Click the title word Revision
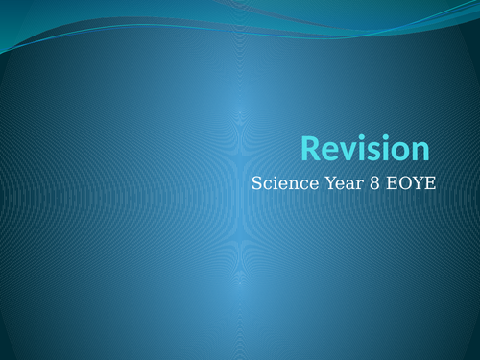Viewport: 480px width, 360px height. pyautogui.click(x=365, y=149)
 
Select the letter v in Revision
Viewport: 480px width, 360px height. pyautogui.click(x=345, y=151)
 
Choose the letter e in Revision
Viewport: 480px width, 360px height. pyautogui.click(x=328, y=151)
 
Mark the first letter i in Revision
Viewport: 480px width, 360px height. pyautogui.click(x=357, y=149)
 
